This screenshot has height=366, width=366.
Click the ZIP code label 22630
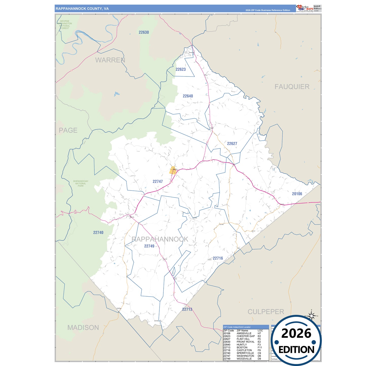point(144,32)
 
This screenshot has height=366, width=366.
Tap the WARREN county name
point(110,60)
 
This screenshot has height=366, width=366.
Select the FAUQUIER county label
point(292,87)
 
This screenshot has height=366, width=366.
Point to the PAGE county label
point(68,130)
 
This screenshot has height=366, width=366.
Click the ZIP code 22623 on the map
point(181,69)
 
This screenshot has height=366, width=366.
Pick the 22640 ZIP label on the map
point(188,96)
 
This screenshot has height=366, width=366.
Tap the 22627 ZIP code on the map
point(232,144)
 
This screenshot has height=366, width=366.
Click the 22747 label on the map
point(158,182)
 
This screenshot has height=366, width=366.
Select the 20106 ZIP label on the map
point(297,194)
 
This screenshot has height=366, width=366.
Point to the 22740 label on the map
point(98,233)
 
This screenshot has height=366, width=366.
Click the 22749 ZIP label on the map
point(149,246)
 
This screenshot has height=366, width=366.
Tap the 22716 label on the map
point(218,258)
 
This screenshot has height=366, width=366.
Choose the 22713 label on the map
point(187,310)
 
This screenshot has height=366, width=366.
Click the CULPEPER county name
point(266,312)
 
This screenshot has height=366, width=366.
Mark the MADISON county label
point(83,328)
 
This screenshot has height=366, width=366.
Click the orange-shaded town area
point(173,170)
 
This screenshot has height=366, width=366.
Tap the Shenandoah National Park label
point(81,183)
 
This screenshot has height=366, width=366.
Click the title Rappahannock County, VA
point(82,9)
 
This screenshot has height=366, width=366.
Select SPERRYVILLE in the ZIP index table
point(245,353)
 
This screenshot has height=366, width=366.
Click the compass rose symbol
point(312,315)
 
